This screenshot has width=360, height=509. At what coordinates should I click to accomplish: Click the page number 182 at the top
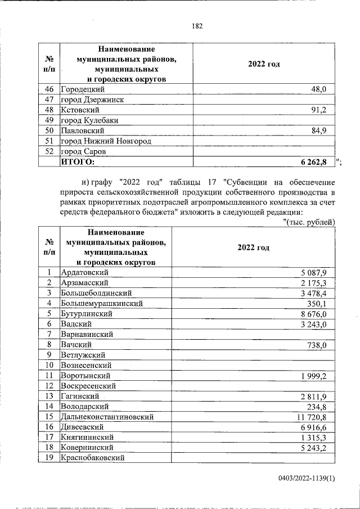point(196,26)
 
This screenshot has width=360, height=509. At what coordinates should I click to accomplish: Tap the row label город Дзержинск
point(92,100)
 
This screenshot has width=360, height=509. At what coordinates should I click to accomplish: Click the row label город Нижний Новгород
point(106,141)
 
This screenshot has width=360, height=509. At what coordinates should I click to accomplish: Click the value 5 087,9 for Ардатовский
point(318,272)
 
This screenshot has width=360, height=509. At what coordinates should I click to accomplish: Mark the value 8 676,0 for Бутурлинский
point(318,313)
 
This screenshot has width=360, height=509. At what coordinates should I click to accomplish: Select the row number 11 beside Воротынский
point(49,375)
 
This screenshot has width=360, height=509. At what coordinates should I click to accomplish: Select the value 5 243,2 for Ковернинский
point(318,447)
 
